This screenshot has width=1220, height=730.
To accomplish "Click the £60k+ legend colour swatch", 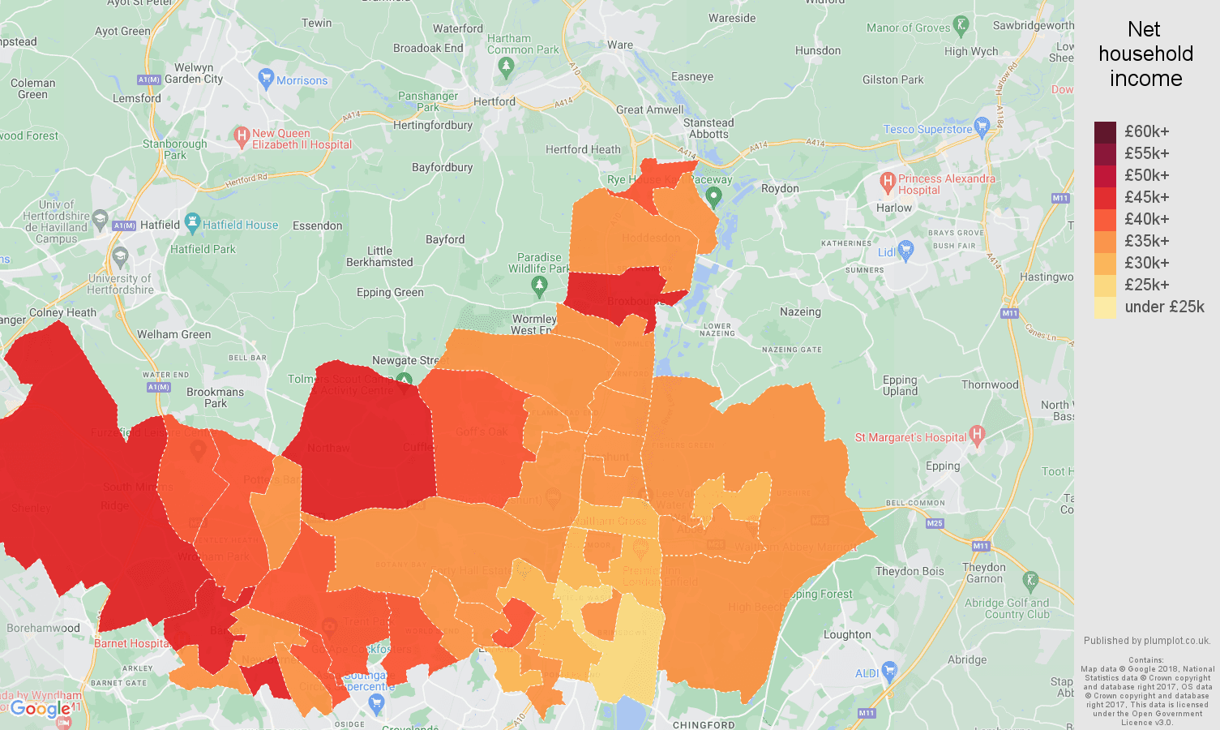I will [x=1105, y=132].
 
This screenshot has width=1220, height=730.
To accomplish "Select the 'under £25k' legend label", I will [x=1164, y=307].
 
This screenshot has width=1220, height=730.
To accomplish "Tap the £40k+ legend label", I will [x=1146, y=220].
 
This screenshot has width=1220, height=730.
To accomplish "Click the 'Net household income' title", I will [x=1145, y=54].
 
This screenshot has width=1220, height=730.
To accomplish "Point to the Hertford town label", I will [x=494, y=101].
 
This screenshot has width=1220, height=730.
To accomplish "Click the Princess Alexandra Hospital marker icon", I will [x=888, y=181].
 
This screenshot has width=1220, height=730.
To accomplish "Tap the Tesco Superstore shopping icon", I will [x=982, y=127].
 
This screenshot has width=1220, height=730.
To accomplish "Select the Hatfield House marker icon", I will [x=192, y=221].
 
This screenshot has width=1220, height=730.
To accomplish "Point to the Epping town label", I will [x=943, y=466].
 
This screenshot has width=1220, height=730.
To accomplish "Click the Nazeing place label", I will [x=800, y=311].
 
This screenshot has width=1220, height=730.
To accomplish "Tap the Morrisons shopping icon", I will [x=266, y=79].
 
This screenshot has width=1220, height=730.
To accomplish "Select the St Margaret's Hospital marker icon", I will [x=977, y=436].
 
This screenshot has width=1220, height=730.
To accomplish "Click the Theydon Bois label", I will [x=910, y=571].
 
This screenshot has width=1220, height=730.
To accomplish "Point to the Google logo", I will [x=41, y=710].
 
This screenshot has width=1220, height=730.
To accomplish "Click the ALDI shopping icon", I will [x=890, y=671].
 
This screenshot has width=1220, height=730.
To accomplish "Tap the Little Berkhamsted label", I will [x=379, y=256].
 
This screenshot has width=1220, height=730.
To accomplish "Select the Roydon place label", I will [x=780, y=188].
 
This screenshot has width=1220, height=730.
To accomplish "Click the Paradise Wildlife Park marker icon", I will [x=539, y=286].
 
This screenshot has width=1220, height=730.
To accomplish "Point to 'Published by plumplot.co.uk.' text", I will [x=1147, y=640].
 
